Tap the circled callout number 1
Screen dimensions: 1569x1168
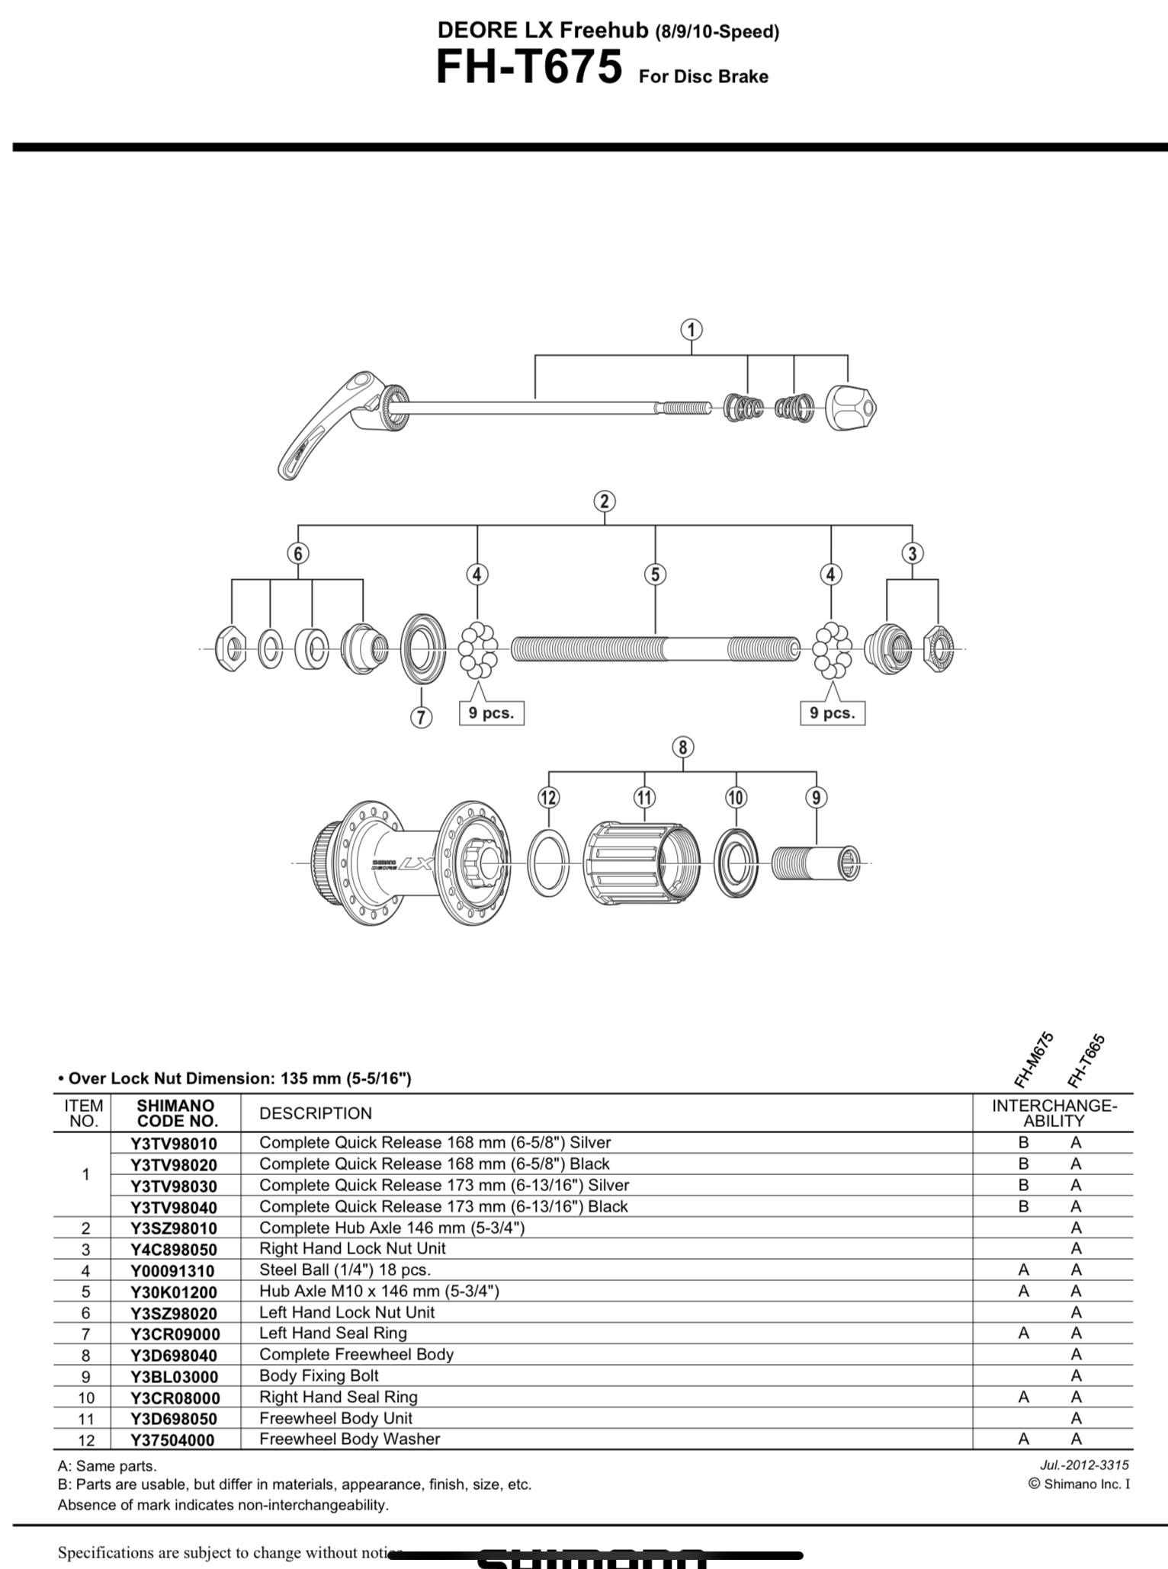click(x=691, y=330)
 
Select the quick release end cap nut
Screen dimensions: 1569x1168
click(x=851, y=408)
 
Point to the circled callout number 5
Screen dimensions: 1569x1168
click(x=655, y=575)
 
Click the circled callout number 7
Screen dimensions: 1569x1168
click(x=421, y=717)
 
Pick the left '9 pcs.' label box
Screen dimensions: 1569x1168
click(x=491, y=713)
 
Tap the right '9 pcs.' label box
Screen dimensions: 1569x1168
click(x=833, y=713)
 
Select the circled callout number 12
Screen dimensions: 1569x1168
click(x=548, y=798)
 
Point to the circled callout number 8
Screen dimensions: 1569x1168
click(x=682, y=748)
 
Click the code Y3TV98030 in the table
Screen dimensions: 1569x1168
click(x=174, y=1186)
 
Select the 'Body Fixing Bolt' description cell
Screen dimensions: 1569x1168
click(x=319, y=1375)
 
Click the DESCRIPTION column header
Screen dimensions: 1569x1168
click(x=316, y=1113)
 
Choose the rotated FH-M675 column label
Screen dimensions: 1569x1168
click(x=1034, y=1059)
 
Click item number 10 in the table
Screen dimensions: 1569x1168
click(x=85, y=1398)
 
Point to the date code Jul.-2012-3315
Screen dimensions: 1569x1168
click(x=1084, y=1465)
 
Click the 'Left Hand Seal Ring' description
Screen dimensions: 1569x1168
click(x=333, y=1333)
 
